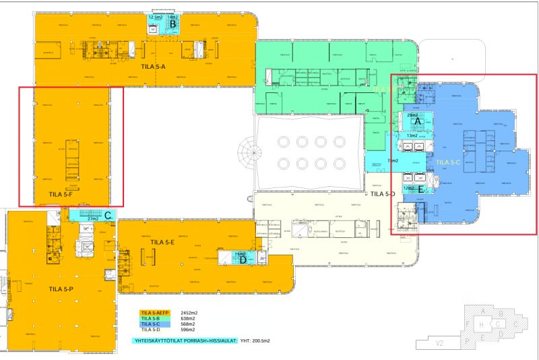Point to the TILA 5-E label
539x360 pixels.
(x=163, y=241)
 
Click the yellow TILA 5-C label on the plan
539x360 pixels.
(x=449, y=162)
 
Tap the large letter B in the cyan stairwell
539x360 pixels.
(x=172, y=26)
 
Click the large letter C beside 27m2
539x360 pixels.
(x=107, y=216)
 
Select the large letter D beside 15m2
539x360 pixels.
(x=243, y=260)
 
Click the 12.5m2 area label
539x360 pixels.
(x=156, y=17)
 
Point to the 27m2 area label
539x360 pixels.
(x=93, y=218)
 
